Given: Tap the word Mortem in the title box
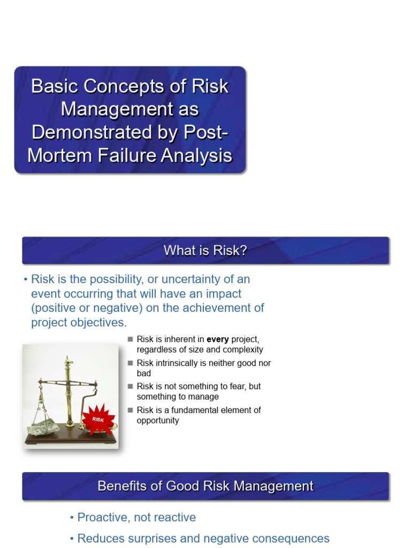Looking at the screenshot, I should click(56, 155).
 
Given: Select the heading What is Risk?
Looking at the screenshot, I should click(205, 250).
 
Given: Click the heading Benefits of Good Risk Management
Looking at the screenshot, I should click(205, 486).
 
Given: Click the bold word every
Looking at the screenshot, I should click(217, 339).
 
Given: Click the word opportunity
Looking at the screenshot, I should click(158, 421).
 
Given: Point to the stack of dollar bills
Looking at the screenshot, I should click(43, 427).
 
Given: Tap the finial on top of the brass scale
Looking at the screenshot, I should click(68, 359).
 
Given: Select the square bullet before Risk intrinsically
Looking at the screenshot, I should click(130, 363).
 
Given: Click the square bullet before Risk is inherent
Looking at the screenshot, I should click(130, 339).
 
